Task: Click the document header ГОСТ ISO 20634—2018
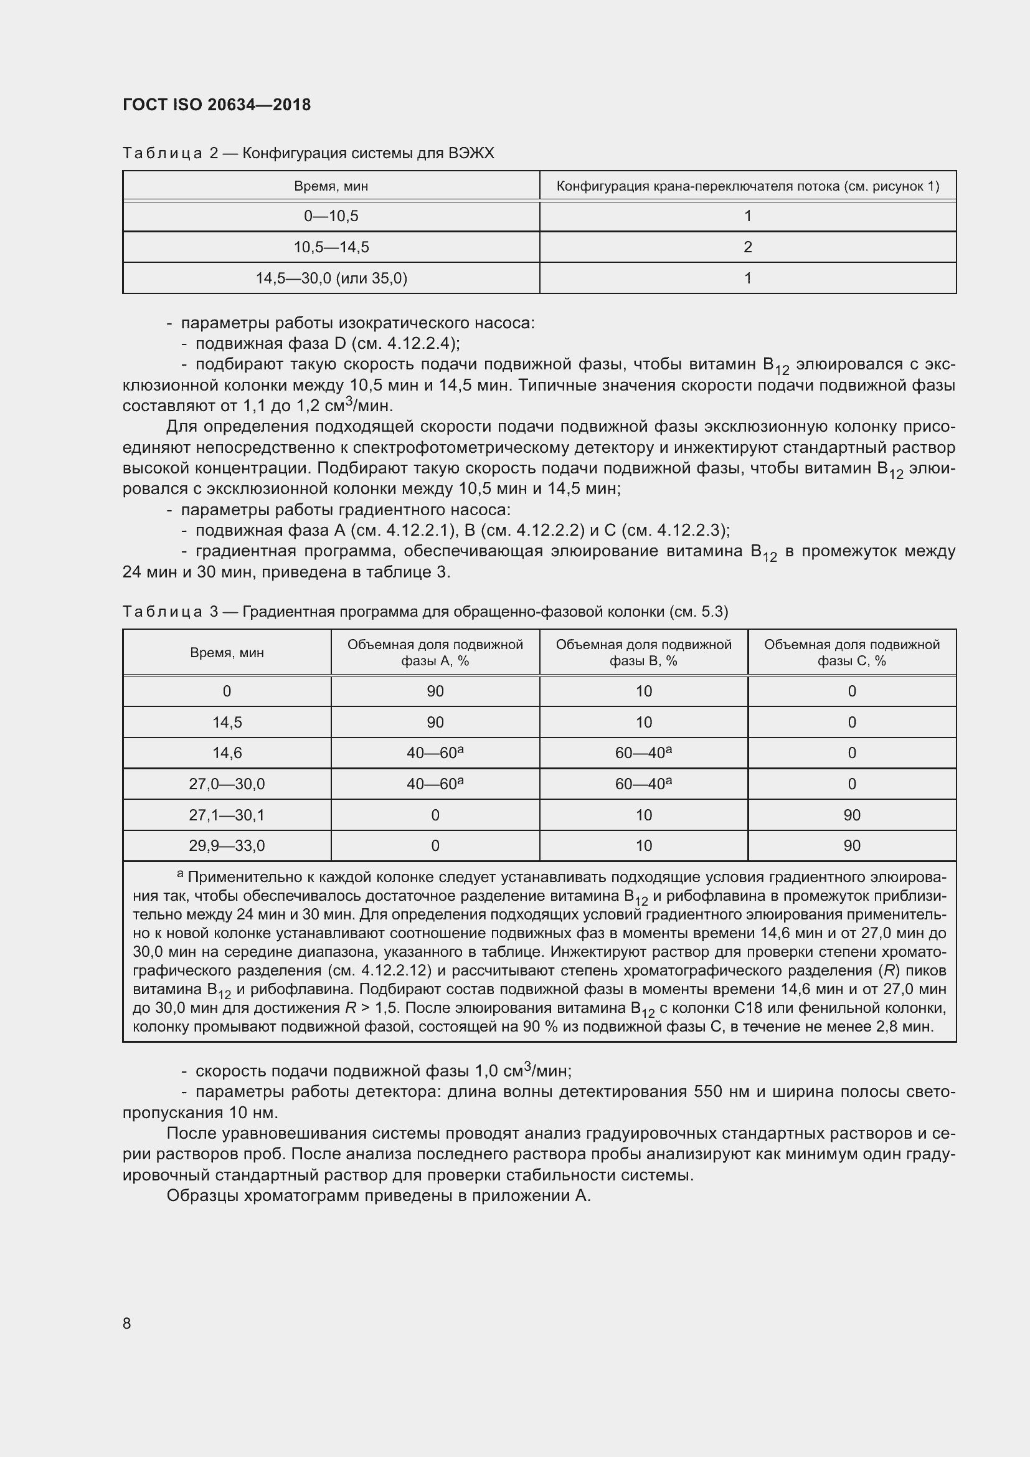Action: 216,105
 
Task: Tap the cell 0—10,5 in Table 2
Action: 331,216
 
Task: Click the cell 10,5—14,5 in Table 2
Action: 331,247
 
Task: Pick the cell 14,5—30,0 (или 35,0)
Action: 331,278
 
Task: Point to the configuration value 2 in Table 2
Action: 748,247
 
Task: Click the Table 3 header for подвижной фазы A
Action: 435,652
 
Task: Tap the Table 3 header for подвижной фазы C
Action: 852,652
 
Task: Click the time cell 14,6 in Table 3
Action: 227,753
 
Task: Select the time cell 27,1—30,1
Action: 227,815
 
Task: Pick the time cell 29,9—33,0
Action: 227,846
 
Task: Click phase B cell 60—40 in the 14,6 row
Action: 643,753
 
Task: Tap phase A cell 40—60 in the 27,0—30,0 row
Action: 435,784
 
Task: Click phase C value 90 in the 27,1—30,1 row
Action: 852,815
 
